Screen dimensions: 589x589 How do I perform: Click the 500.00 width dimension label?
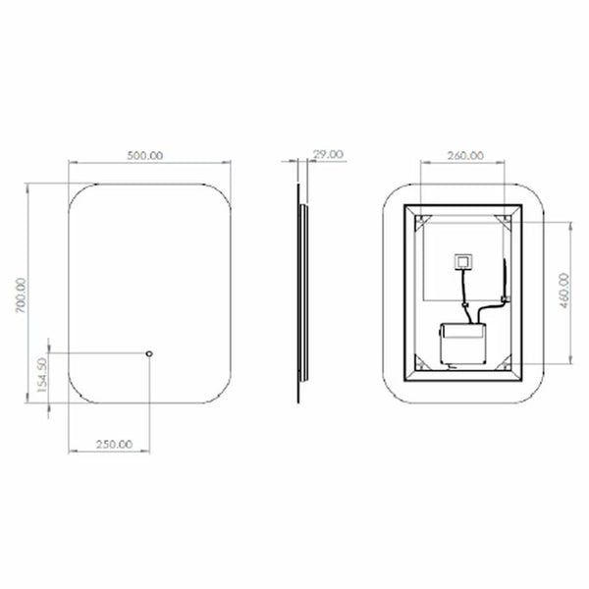pyautogui.click(x=145, y=155)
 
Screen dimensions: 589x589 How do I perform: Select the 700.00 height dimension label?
pyautogui.click(x=21, y=295)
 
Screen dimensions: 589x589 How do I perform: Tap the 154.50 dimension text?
pyautogui.click(x=42, y=375)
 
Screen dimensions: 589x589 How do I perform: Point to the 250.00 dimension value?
pyautogui.click(x=114, y=445)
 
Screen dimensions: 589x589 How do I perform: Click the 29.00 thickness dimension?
pyautogui.click(x=328, y=154)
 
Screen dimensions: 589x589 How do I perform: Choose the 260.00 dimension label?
pyautogui.click(x=465, y=155)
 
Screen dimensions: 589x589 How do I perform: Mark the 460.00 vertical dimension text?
pyautogui.click(x=564, y=291)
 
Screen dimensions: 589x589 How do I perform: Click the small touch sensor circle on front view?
pyautogui.click(x=149, y=353)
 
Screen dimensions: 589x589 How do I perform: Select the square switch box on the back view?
pyautogui.click(x=464, y=261)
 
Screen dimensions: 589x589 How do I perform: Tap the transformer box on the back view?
pyautogui.click(x=462, y=344)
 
